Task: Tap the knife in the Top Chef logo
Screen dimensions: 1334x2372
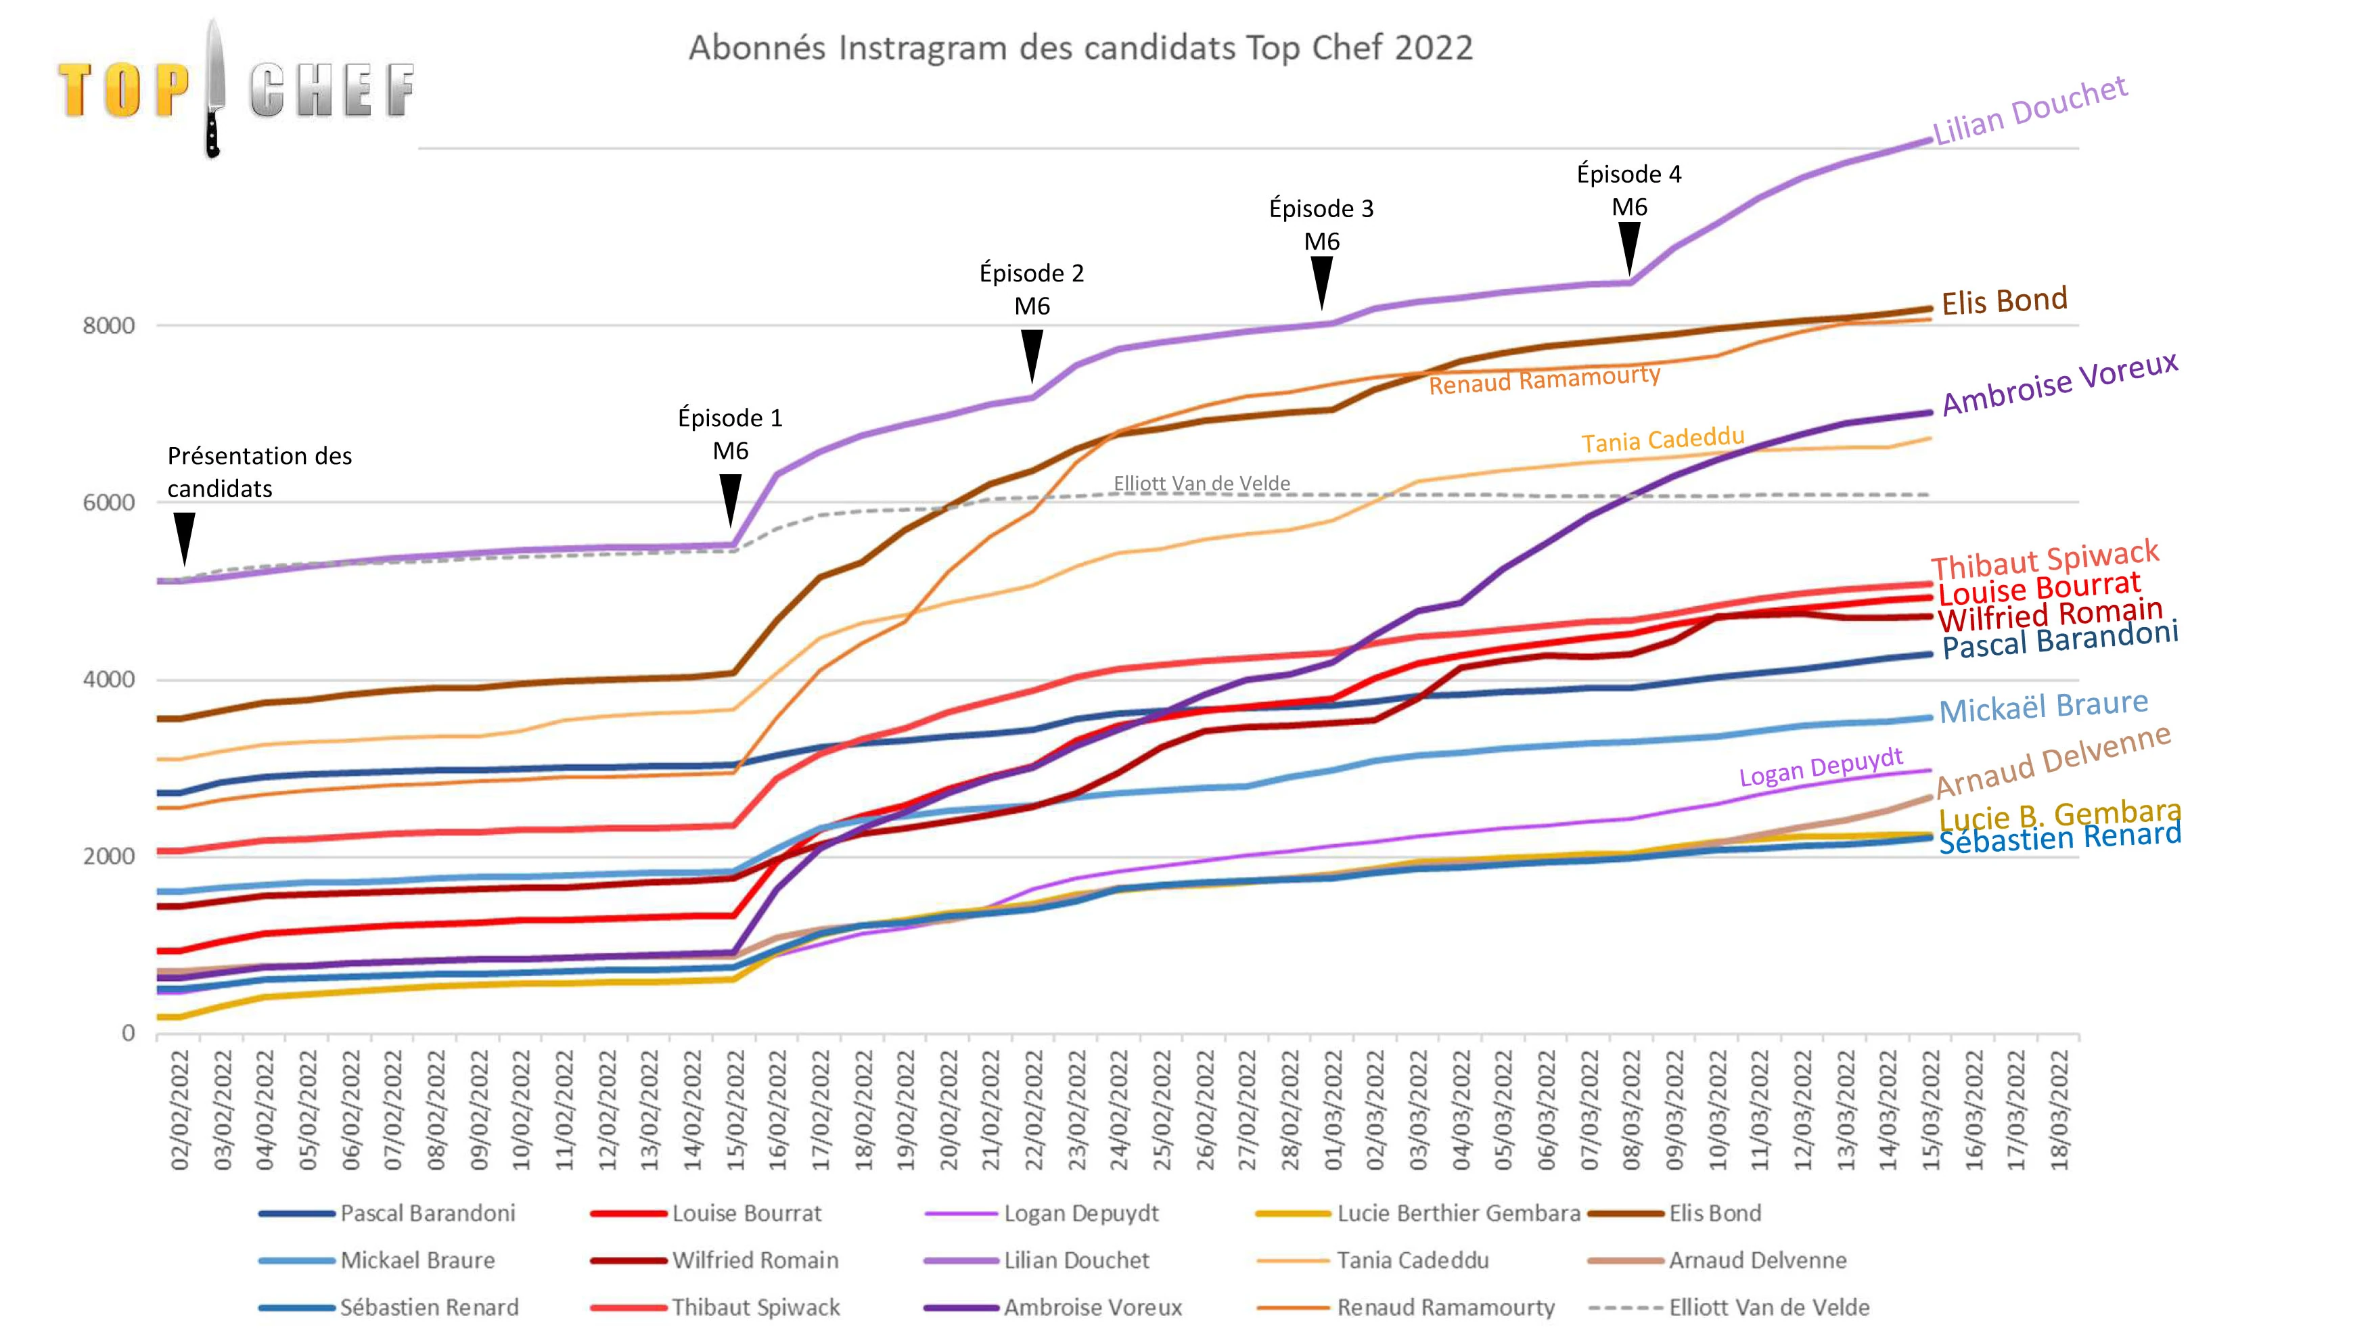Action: (214, 87)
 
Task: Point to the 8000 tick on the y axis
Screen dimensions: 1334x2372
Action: (109, 326)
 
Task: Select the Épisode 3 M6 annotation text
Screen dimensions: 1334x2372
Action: (1321, 225)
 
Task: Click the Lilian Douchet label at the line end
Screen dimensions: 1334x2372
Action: (2030, 112)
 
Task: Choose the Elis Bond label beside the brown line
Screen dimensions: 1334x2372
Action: (2004, 301)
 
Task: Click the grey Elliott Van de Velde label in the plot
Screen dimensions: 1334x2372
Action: (1202, 483)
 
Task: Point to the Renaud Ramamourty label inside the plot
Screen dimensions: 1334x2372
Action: (1544, 379)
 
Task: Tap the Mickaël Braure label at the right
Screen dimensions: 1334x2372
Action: (2043, 707)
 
